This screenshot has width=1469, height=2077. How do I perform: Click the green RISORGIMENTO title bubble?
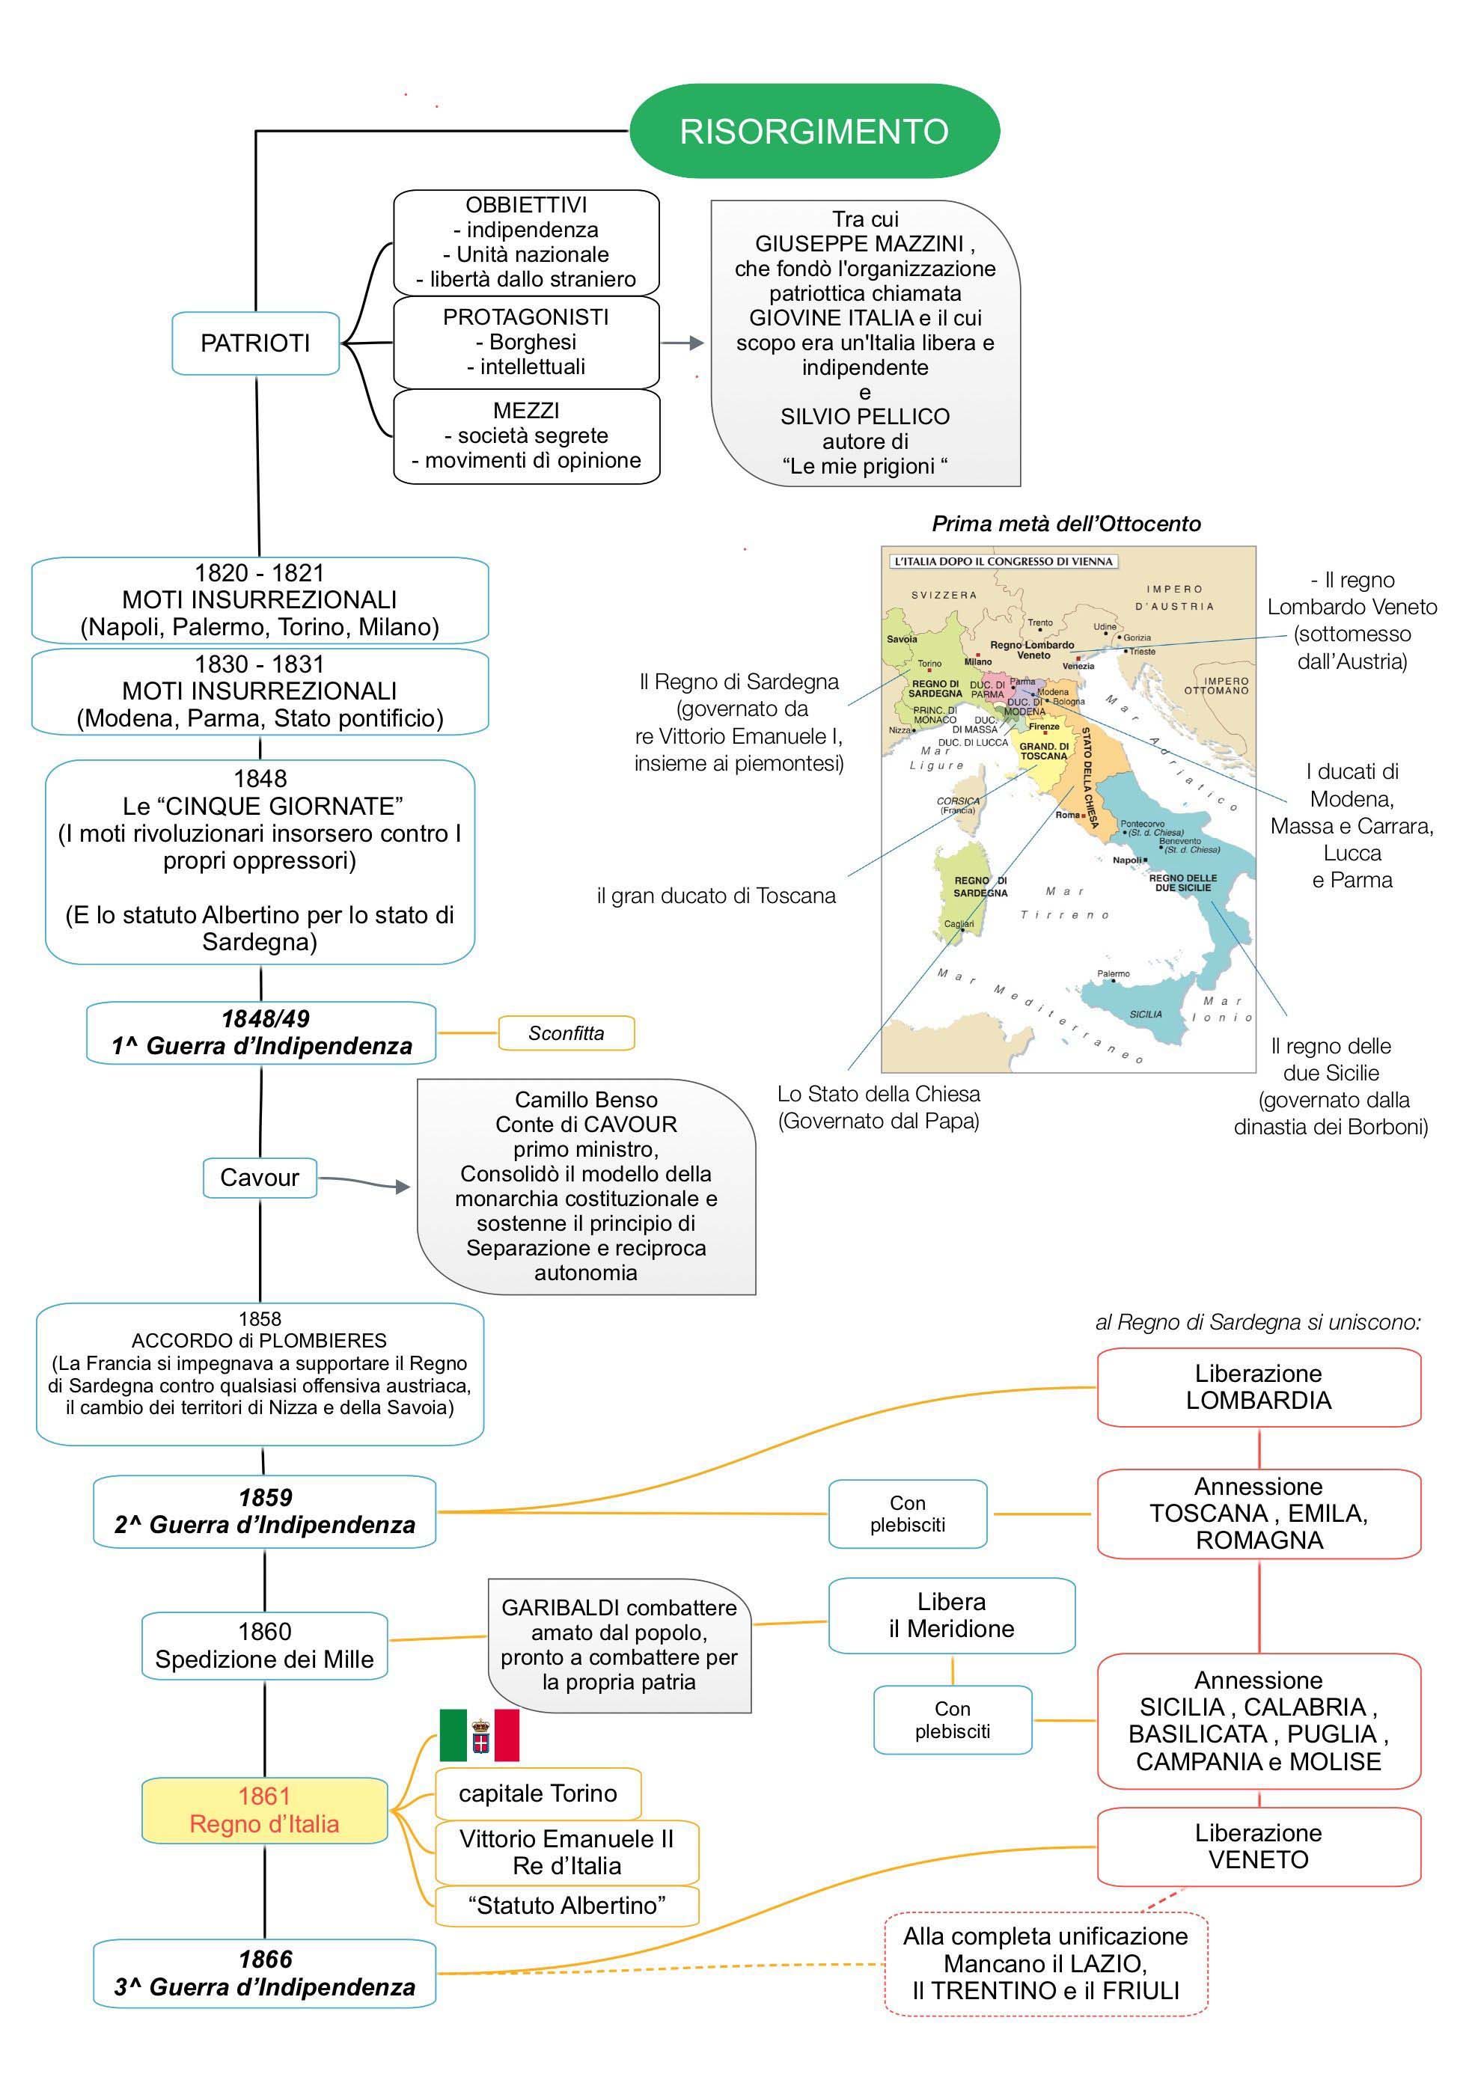pyautogui.click(x=814, y=131)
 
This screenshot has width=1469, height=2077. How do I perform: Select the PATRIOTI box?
pyautogui.click(x=255, y=343)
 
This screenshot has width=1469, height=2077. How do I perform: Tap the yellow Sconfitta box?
pyautogui.click(x=566, y=1033)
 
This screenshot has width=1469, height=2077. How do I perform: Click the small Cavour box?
pyautogui.click(x=260, y=1178)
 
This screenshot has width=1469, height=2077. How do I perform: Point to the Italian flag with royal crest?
pyautogui.click(x=480, y=1735)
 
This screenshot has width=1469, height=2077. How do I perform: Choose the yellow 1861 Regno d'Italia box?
pyautogui.click(x=264, y=1810)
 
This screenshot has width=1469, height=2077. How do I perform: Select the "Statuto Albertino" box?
pyautogui.click(x=566, y=1906)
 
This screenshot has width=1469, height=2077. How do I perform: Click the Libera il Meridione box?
pyautogui.click(x=952, y=1615)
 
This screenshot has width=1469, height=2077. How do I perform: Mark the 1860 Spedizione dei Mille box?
pyautogui.click(x=264, y=1645)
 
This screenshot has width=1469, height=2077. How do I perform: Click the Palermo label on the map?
pyautogui.click(x=1113, y=974)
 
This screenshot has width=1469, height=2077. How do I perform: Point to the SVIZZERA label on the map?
pyautogui.click(x=944, y=596)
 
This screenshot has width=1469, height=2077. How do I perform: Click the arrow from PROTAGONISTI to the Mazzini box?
pyautogui.click(x=684, y=343)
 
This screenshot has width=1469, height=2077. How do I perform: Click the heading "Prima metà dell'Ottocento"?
pyautogui.click(x=1066, y=524)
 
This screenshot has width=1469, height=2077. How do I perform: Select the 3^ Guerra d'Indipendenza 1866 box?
pyautogui.click(x=264, y=1973)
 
